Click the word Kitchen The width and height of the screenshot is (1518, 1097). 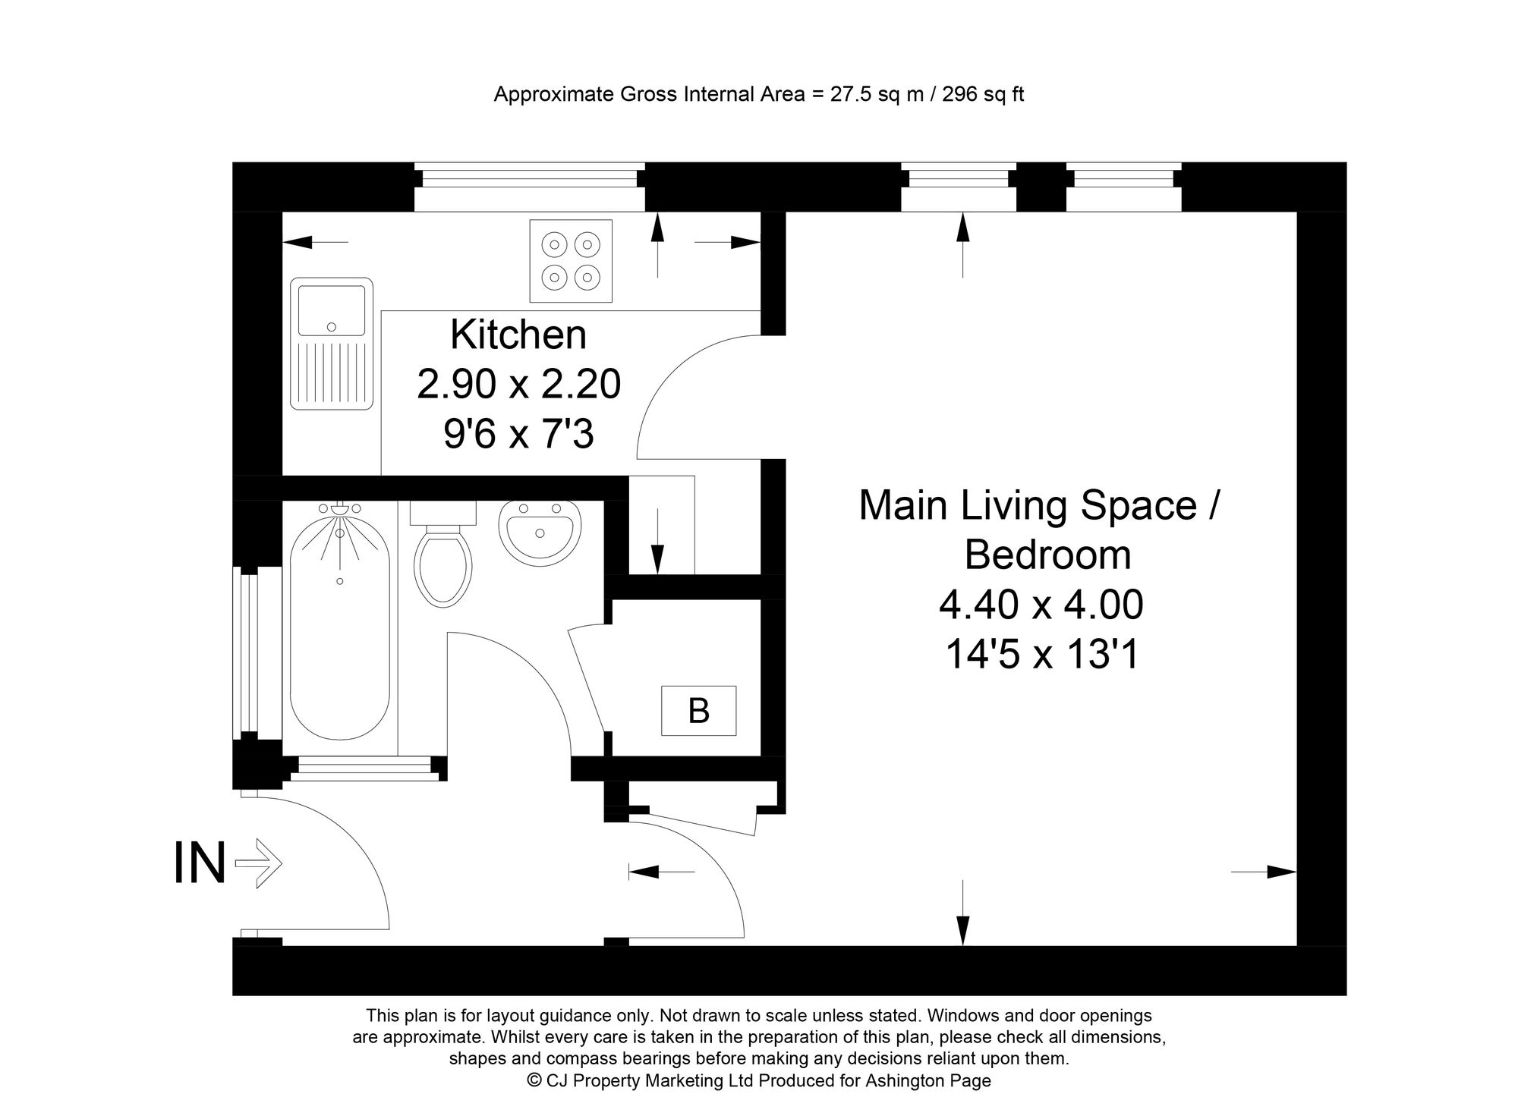point(518,335)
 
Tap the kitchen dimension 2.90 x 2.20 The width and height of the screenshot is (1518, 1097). point(518,385)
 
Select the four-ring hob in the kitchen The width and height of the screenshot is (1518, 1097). point(571,261)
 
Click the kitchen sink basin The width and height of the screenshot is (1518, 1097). point(331,310)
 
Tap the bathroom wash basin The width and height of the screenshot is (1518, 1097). point(540,532)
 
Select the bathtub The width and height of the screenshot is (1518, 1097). point(339,630)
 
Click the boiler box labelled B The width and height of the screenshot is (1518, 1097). point(698,711)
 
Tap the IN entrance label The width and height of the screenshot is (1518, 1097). point(200,864)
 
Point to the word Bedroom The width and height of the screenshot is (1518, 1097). point(1047,555)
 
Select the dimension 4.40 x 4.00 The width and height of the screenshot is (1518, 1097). point(1041,605)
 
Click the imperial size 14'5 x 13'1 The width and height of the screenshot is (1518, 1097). point(1041,655)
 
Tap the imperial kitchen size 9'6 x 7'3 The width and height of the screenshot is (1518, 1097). point(518,435)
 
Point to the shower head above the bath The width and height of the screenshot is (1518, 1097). point(340,511)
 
